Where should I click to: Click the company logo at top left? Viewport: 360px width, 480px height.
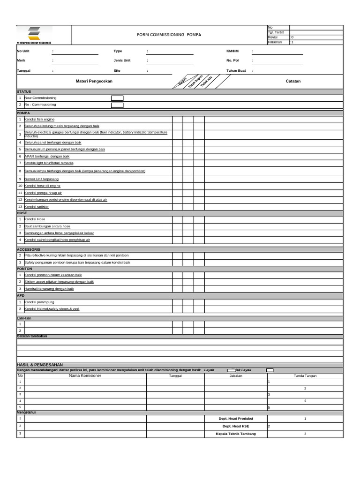34,35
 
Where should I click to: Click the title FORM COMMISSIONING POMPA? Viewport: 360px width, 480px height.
169,35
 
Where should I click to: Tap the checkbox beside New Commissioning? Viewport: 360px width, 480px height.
117,98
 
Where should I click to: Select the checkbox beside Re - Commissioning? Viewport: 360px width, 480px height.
117,105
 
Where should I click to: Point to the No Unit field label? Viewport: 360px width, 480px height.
23,51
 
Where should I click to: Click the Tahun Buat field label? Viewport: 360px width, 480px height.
236,70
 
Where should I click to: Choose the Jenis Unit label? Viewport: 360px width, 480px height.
122,60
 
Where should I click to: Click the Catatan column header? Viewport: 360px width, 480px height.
293,81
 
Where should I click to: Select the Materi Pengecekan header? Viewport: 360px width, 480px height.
94,81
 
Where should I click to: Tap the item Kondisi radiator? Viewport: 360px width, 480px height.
37,207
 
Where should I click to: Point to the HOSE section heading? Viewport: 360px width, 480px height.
22,213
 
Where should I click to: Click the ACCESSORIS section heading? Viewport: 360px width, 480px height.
29,249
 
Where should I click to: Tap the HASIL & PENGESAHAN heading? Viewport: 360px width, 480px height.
39,365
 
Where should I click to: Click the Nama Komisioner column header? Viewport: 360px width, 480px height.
85,375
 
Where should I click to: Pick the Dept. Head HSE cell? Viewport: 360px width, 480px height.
236,426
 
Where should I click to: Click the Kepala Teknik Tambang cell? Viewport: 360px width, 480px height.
236,434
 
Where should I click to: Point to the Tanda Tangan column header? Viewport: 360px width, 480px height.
305,375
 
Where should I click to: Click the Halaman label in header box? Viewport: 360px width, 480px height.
275,42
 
